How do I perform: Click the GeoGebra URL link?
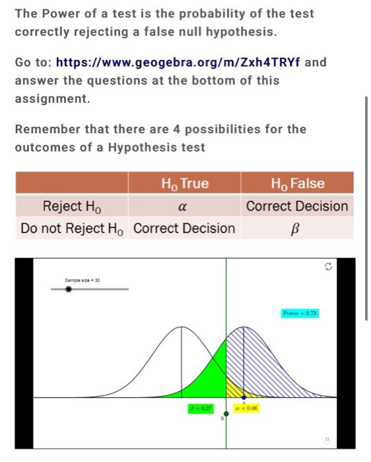point(178,63)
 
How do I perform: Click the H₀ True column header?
point(184,183)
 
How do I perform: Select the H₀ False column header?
point(297,183)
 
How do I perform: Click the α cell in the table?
point(184,206)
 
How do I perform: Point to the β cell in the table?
point(297,228)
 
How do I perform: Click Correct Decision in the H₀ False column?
point(297,206)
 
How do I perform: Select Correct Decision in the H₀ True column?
point(184,228)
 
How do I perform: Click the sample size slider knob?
point(69,288)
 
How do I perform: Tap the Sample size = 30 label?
point(82,280)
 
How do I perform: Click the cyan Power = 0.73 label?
point(300,313)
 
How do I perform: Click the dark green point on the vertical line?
point(226,412)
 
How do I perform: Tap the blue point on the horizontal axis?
point(244,397)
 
